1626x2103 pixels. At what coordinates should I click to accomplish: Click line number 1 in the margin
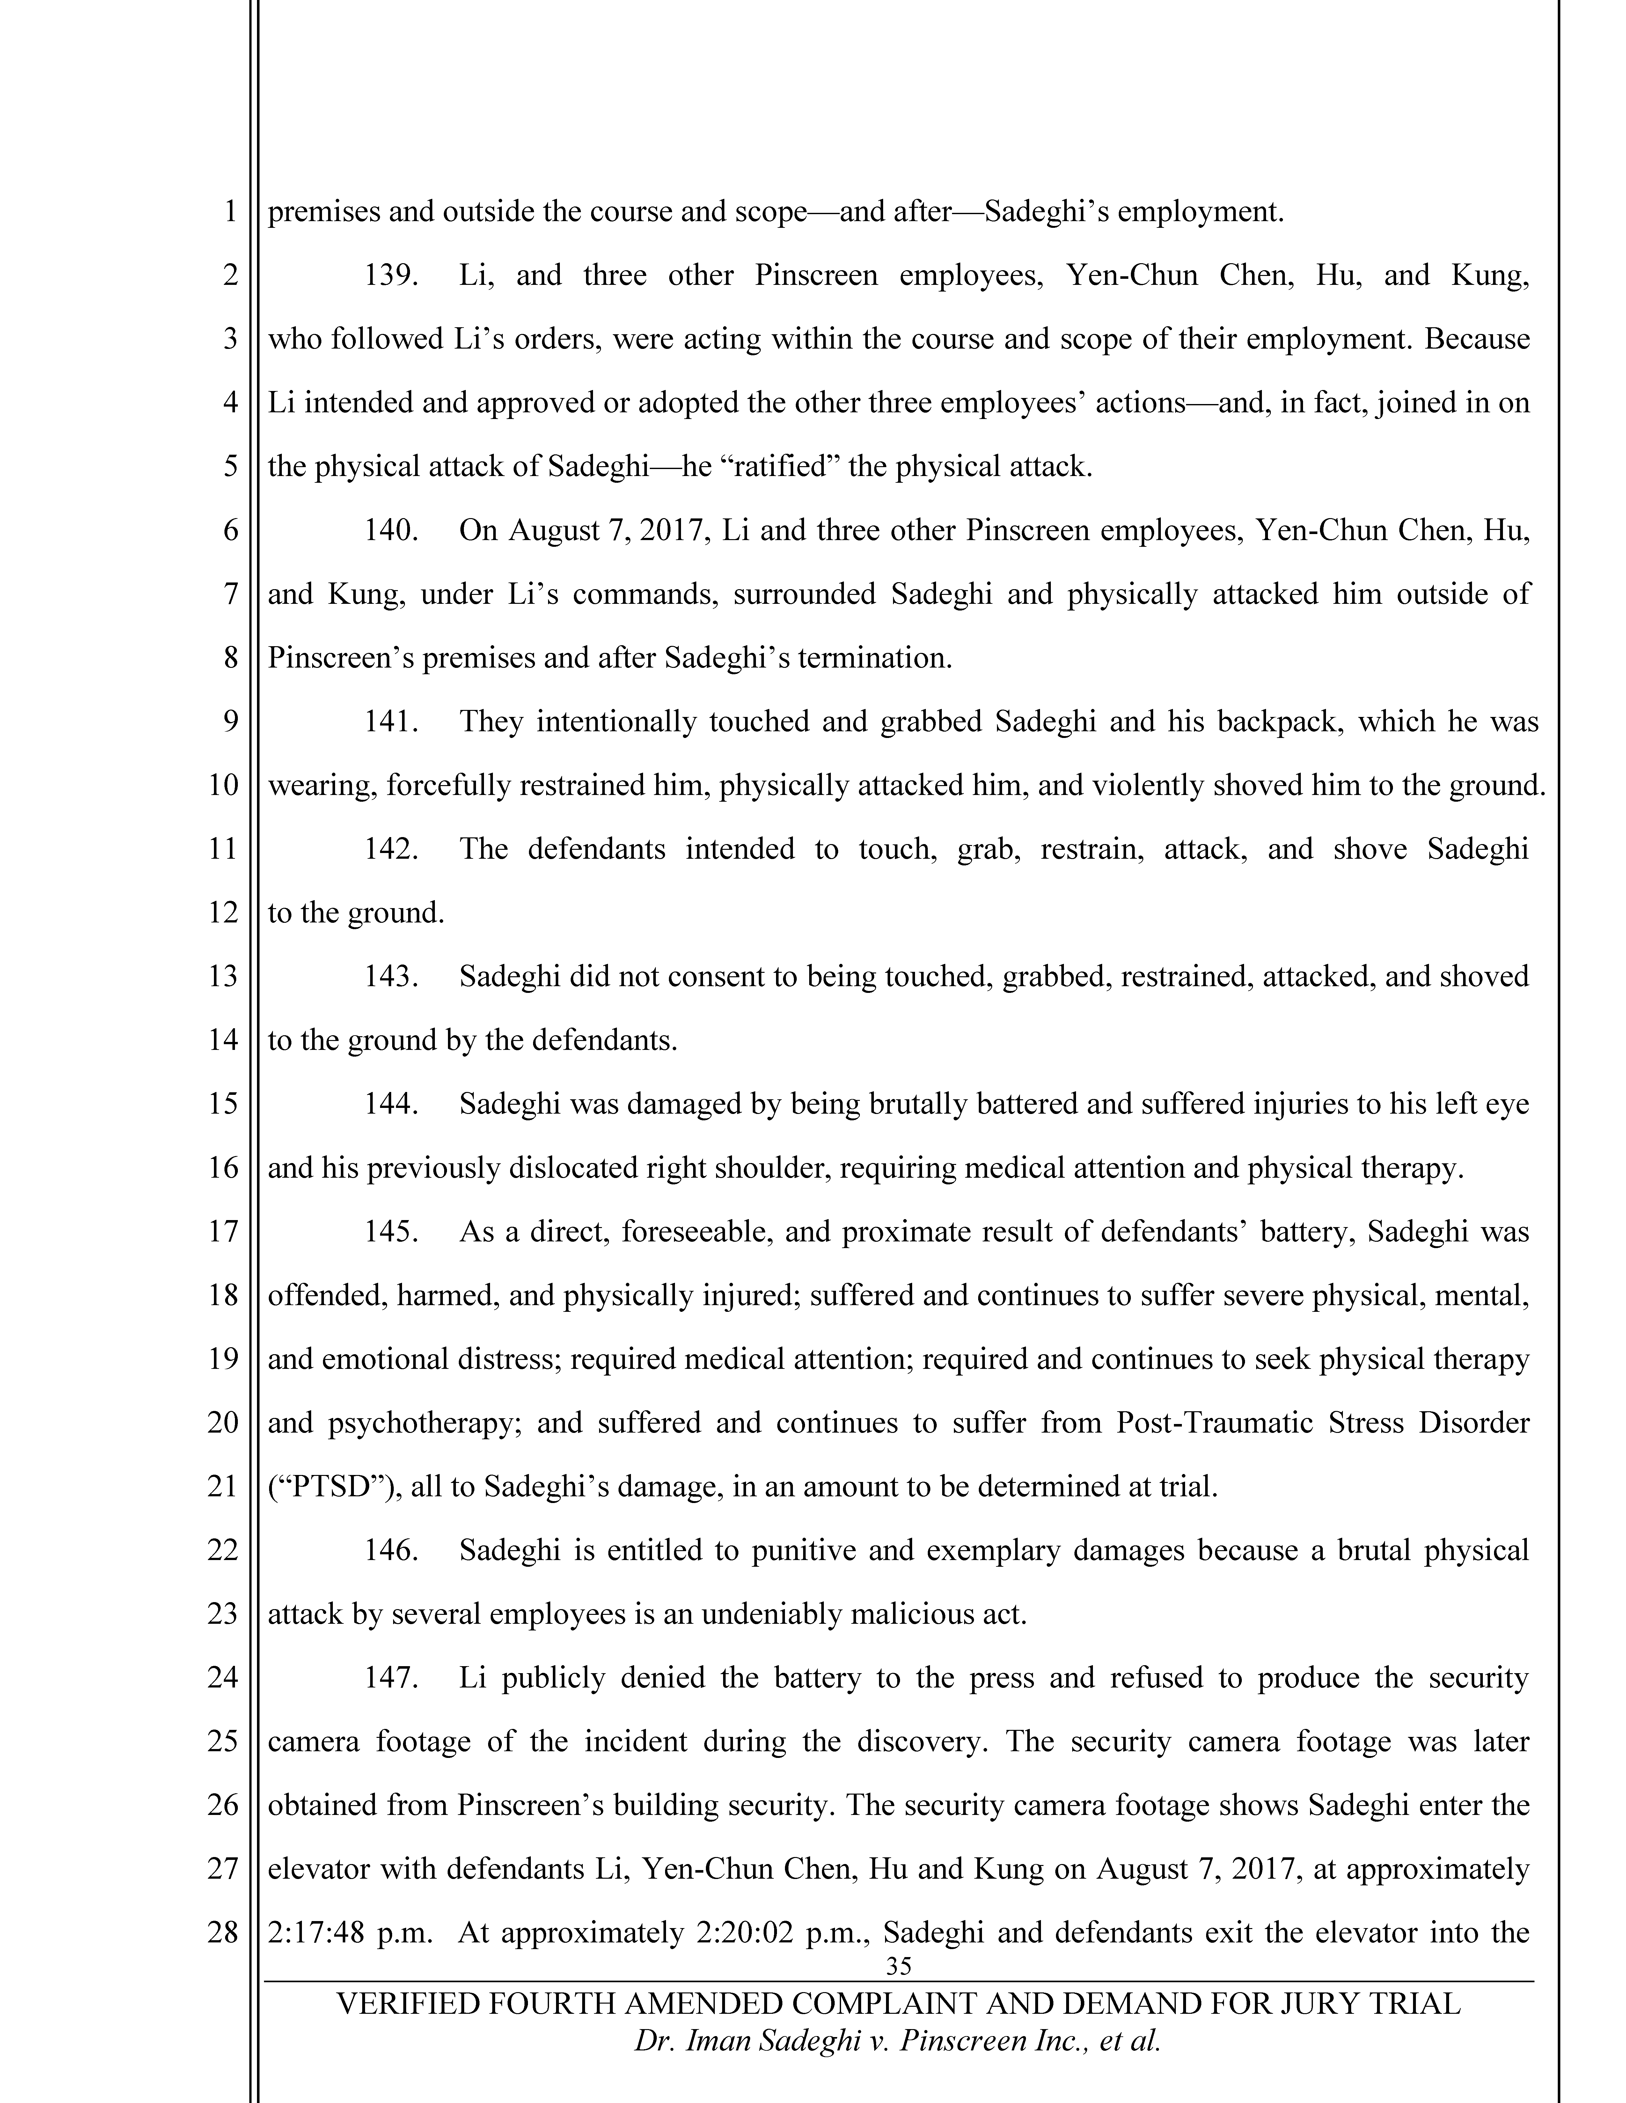230,211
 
